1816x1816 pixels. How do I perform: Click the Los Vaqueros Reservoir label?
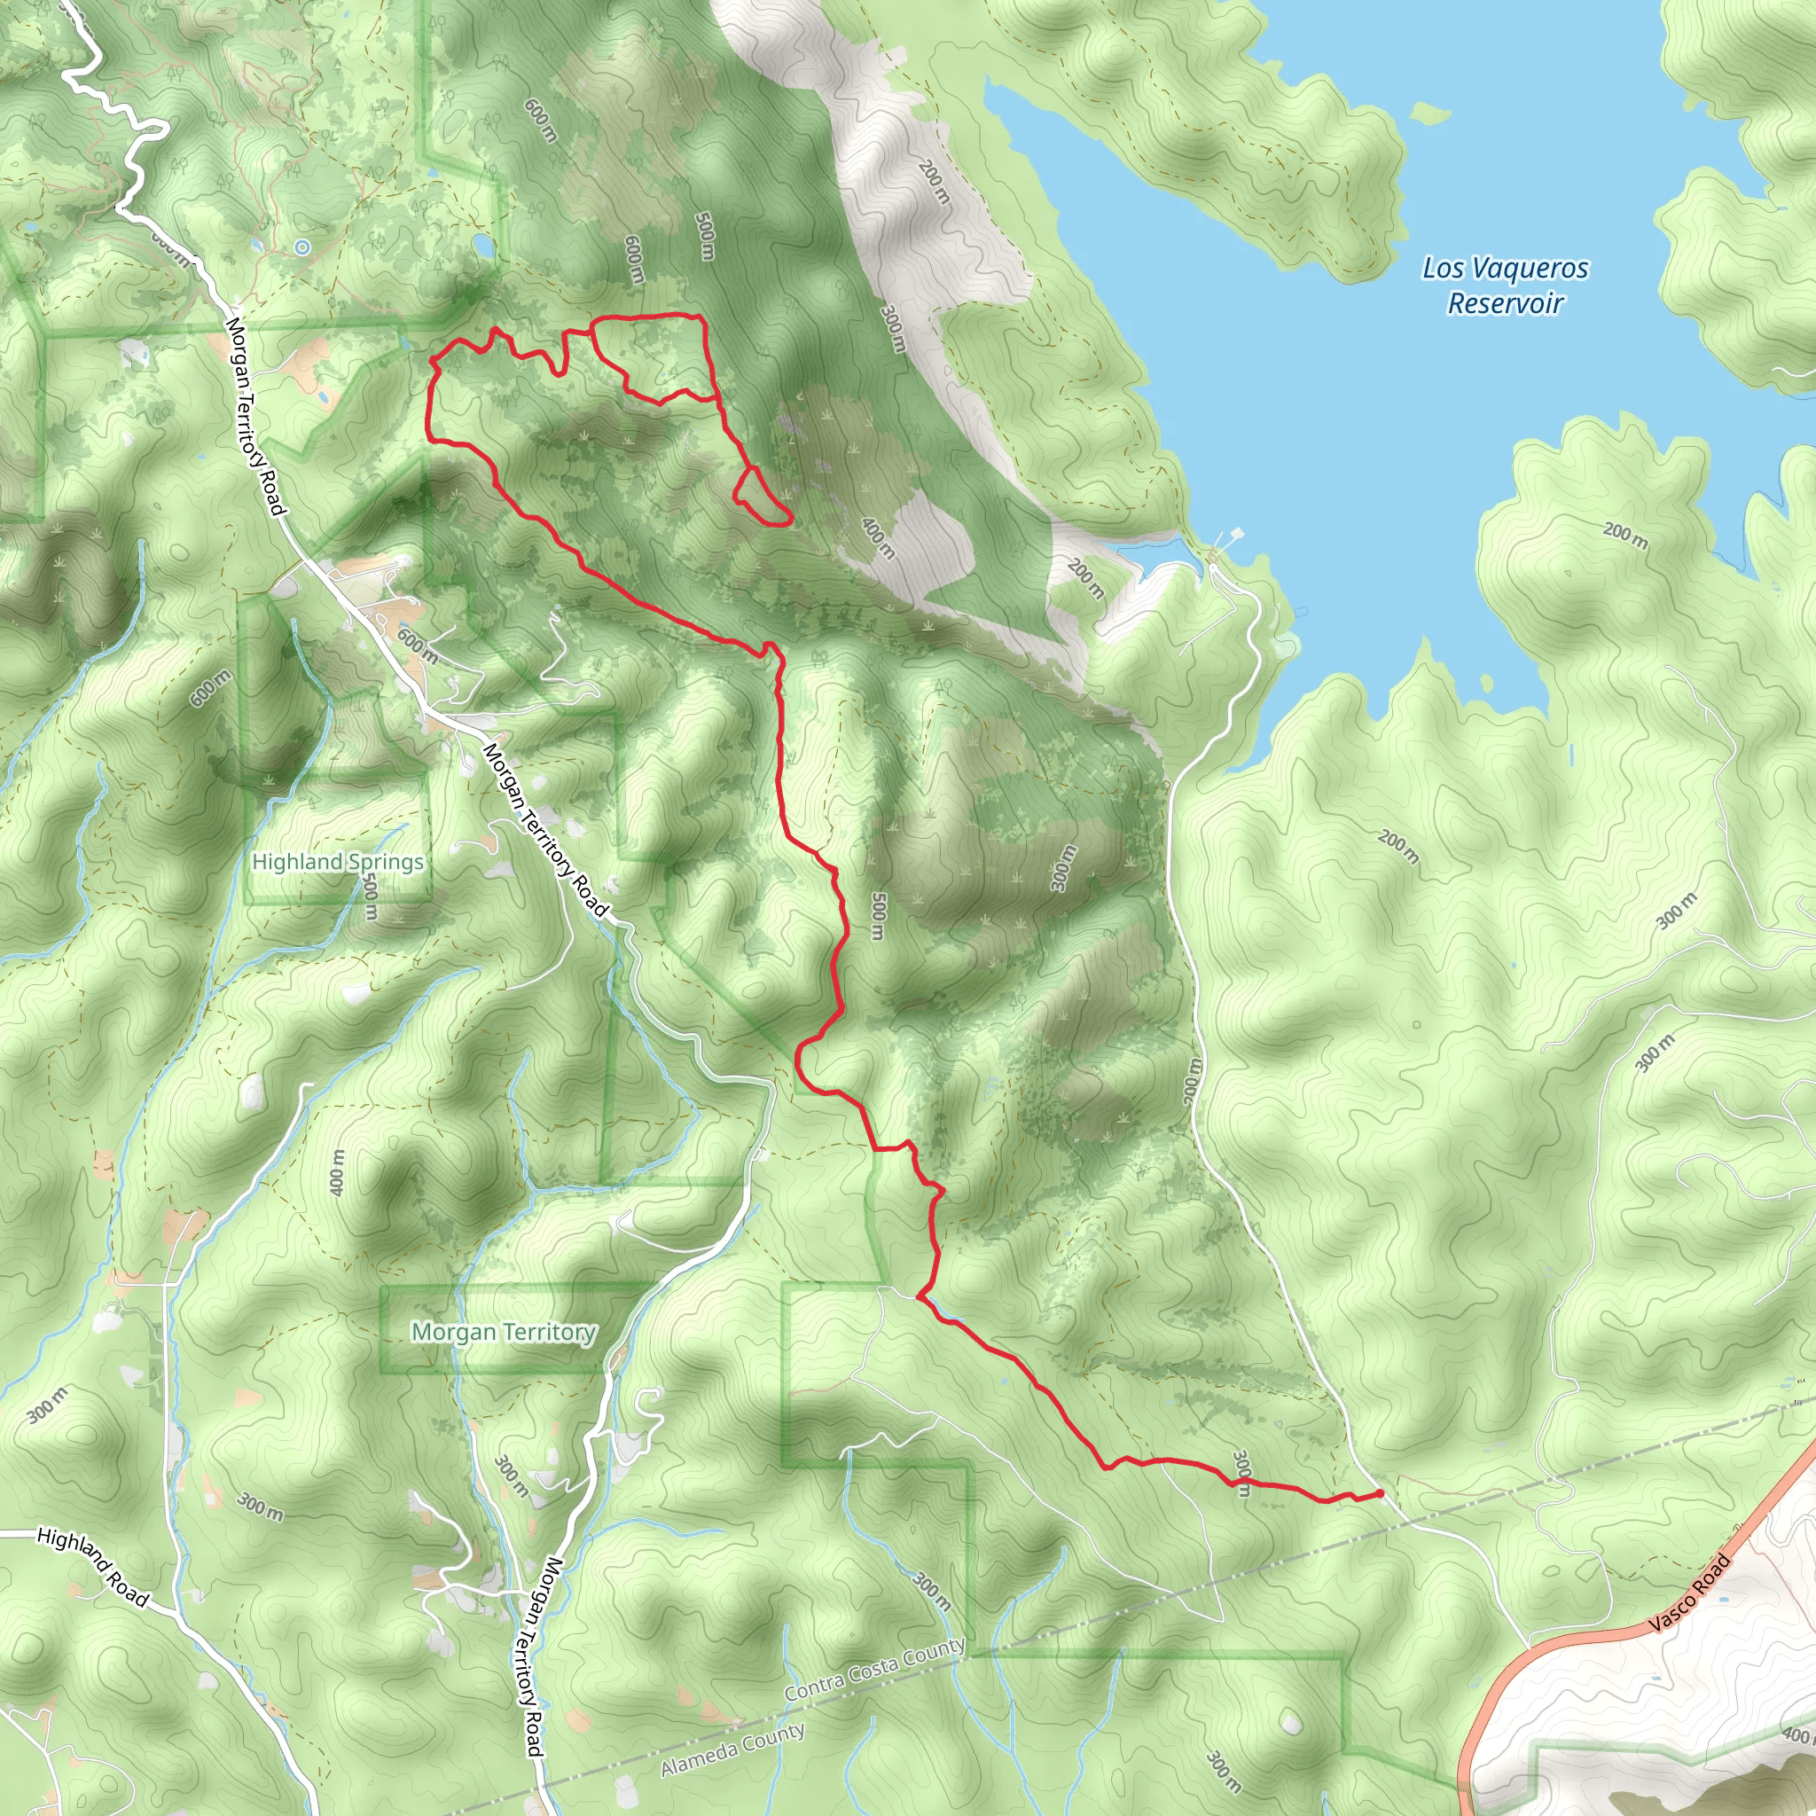[1505, 286]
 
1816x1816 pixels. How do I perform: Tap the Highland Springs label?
[338, 862]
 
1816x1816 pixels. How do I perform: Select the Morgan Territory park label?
[504, 1332]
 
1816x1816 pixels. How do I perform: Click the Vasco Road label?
[1690, 1594]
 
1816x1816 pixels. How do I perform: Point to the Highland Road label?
[92, 1567]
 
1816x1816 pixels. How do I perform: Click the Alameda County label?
[732, 1749]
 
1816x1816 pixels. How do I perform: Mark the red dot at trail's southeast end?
[1379, 1492]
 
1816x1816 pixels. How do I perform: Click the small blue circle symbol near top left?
[301, 247]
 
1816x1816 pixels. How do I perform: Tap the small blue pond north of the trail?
[483, 247]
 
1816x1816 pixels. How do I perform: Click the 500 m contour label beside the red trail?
[877, 917]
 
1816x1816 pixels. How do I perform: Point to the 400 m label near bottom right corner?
[1797, 1735]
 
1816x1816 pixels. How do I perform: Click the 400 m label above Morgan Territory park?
[339, 1172]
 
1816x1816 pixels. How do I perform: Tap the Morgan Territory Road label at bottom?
[543, 1657]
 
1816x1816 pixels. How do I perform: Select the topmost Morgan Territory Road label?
[254, 417]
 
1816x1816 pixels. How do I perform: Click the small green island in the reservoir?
[1430, 113]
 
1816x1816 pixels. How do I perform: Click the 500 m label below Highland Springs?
[371, 899]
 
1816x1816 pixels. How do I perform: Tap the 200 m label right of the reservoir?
[1625, 535]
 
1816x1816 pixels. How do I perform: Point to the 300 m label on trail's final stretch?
[1241, 1473]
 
